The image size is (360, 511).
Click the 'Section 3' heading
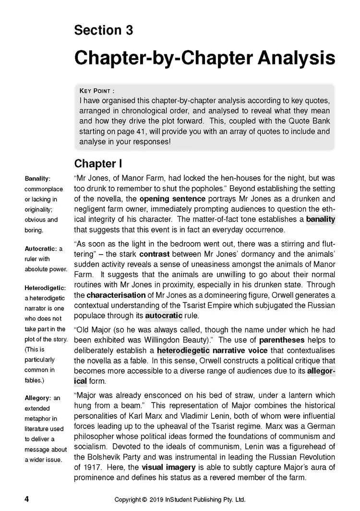(103, 30)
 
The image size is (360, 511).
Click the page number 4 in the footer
(27, 499)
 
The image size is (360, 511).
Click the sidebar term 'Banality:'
(37, 179)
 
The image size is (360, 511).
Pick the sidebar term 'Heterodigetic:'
(44, 288)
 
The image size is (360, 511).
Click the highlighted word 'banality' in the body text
(321, 219)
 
